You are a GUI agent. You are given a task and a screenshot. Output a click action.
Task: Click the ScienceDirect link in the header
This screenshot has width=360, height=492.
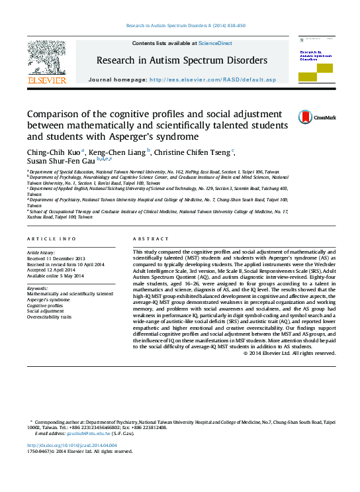pyautogui.click(x=216, y=43)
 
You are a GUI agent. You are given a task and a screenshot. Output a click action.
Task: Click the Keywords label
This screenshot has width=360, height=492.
pyautogui.click(x=37, y=289)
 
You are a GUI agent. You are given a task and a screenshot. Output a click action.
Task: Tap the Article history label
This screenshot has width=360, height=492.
pyautogui.click(x=42, y=253)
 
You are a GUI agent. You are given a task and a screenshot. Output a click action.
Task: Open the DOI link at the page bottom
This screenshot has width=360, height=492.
pyautogui.click(x=67, y=446)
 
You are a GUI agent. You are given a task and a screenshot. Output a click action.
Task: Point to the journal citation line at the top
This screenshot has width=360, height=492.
pyautogui.click(x=185, y=25)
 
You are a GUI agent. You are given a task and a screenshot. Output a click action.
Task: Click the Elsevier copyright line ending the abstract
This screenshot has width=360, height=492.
pyautogui.click(x=289, y=352)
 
